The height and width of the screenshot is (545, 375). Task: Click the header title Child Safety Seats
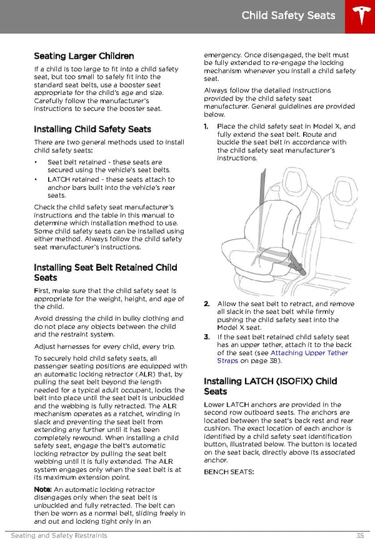pos(288,16)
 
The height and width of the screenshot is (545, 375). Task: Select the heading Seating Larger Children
pos(84,56)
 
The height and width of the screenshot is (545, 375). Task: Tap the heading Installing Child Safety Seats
pos(92,129)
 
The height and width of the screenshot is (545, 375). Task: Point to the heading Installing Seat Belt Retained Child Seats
pos(105,272)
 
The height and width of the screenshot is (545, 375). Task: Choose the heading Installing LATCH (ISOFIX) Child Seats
pos(270,386)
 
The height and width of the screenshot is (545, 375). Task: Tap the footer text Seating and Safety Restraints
pos(59,536)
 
